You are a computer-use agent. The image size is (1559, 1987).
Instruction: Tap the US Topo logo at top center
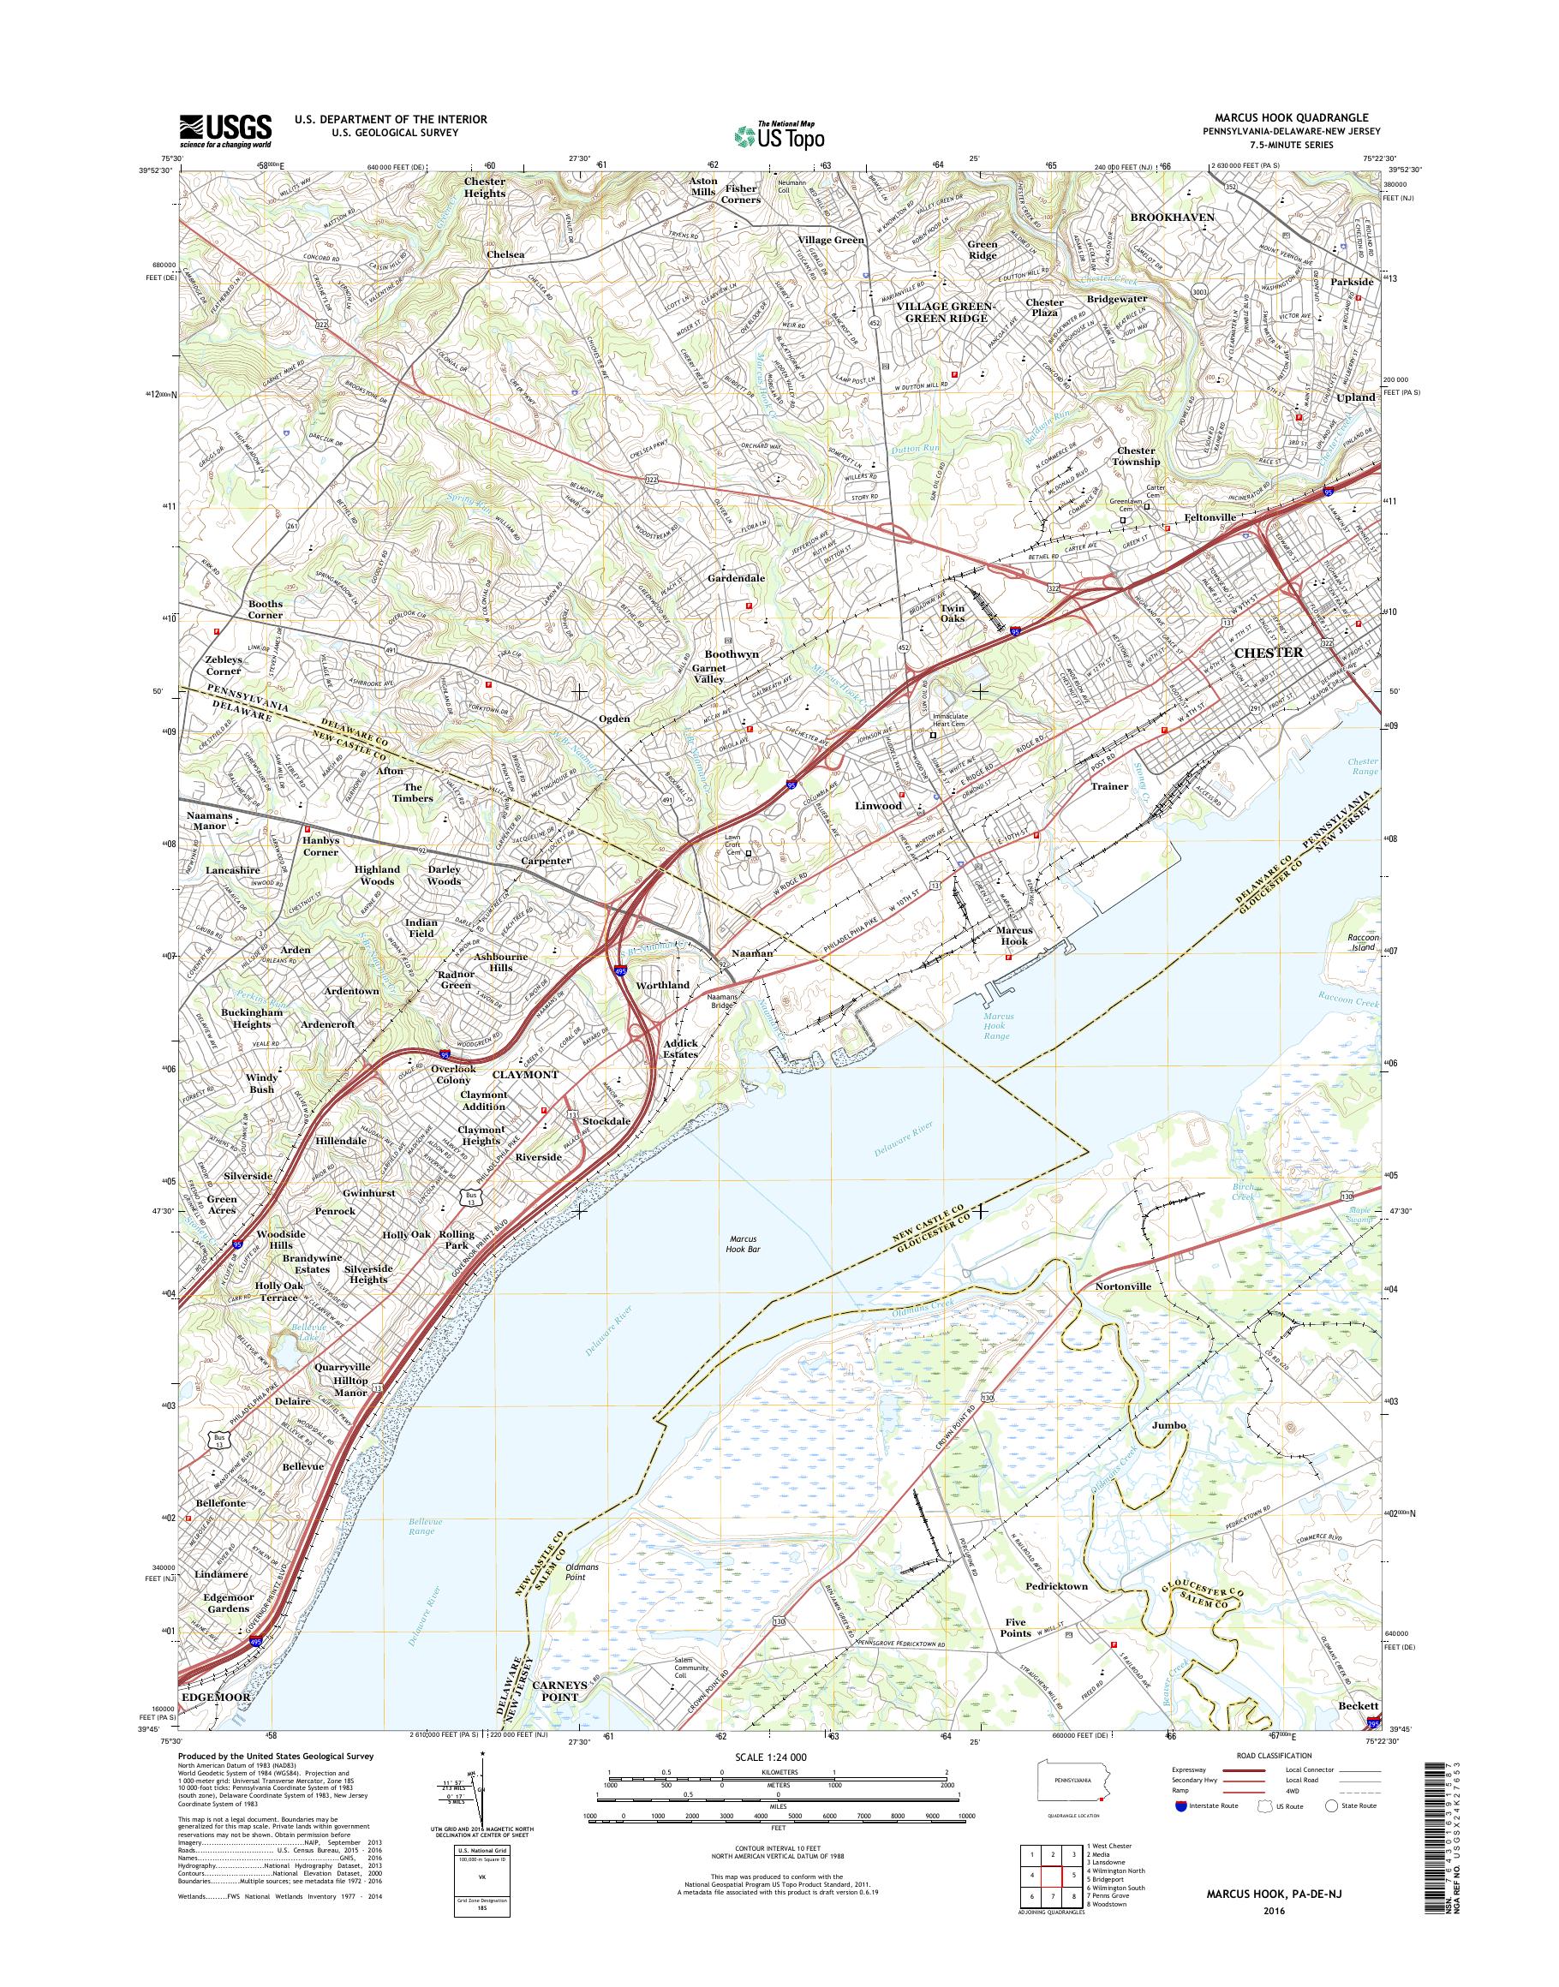pyautogui.click(x=779, y=136)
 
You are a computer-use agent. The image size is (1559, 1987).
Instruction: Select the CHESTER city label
pyautogui.click(x=1268, y=653)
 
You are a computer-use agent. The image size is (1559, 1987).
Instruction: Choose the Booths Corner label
pyautogui.click(x=265, y=609)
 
